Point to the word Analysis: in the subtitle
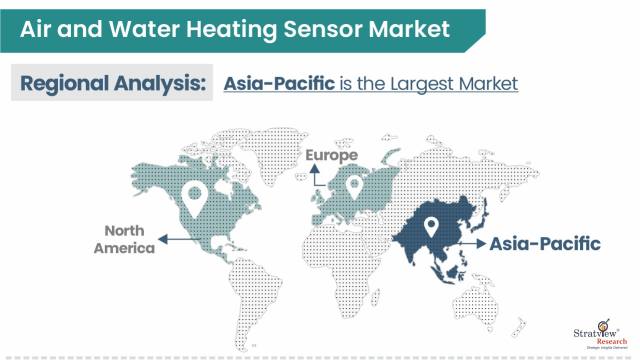pyautogui.click(x=163, y=83)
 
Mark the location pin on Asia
pyautogui.click(x=433, y=228)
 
